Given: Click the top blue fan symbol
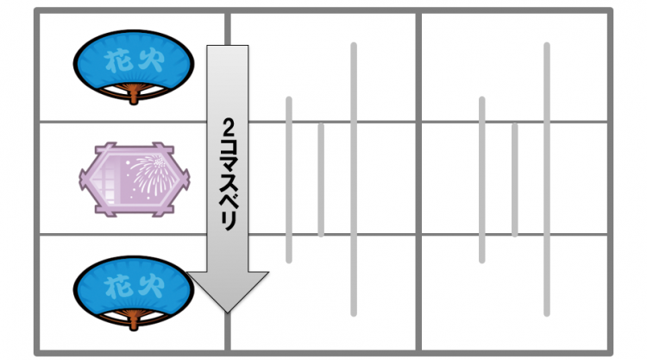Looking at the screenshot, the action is coord(133,66).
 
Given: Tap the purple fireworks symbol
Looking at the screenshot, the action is coord(134,180).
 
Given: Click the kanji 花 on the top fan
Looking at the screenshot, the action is coord(118,61).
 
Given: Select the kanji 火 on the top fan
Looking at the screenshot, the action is coord(151,60).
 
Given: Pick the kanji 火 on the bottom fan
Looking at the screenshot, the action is coord(151,287).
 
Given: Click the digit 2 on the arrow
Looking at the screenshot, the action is coord(228,127).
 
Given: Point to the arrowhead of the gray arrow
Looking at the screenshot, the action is coord(228,292).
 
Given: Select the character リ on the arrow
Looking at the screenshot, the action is coord(229,222).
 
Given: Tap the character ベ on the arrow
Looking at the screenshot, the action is coord(228,201).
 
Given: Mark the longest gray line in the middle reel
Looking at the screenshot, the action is coord(354,180).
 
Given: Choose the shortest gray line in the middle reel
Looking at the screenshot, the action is coord(321,180).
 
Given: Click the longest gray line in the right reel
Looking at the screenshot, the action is coord(547,180).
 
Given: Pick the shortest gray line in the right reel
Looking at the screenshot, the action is coord(514,180).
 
